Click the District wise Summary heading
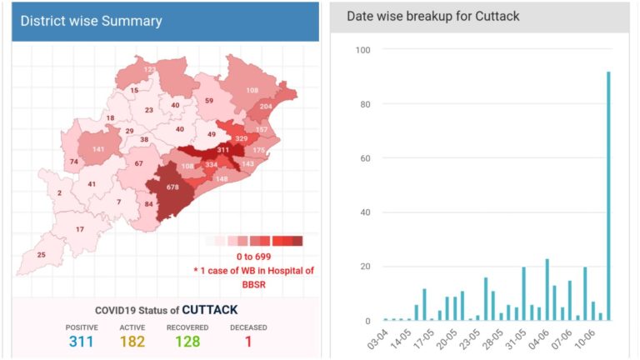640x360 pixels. pyautogui.click(x=92, y=21)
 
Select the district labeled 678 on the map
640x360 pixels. pyautogui.click(x=172, y=187)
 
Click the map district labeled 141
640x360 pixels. pyautogui.click(x=98, y=149)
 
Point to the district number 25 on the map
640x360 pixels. pyautogui.click(x=41, y=254)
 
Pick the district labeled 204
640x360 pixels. pyautogui.click(x=266, y=107)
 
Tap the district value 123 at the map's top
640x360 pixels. pyautogui.click(x=150, y=69)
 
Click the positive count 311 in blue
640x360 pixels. pyautogui.click(x=82, y=342)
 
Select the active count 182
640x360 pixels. pyautogui.click(x=133, y=342)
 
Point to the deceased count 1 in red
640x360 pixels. pyautogui.click(x=247, y=342)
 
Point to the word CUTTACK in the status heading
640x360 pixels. pyautogui.click(x=210, y=309)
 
